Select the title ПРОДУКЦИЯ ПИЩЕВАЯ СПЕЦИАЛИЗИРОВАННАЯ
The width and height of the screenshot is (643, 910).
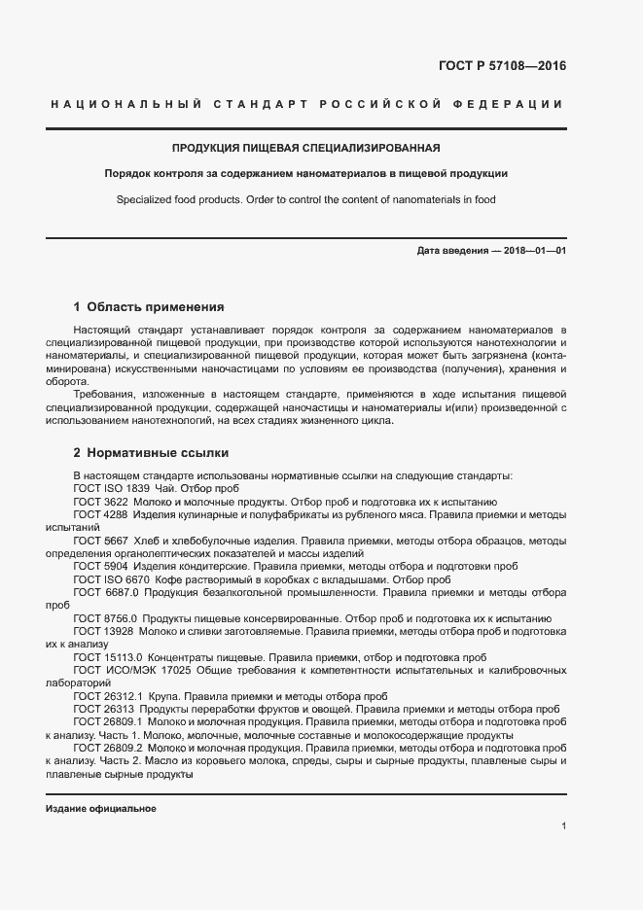pos(306,149)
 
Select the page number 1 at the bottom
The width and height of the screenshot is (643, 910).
pos(564,826)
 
